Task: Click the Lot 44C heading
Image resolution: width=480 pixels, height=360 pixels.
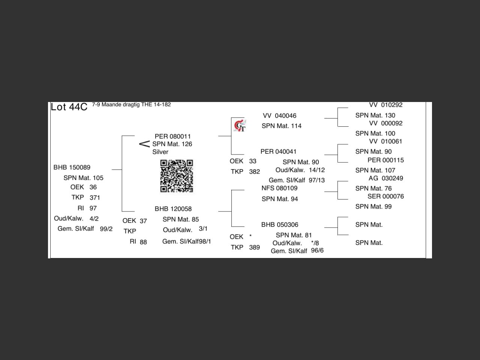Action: pos(69,107)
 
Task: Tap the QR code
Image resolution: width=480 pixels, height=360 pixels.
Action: pos(177,176)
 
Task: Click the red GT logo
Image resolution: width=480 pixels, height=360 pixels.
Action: pos(240,126)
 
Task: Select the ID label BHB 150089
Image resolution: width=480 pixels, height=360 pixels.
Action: pos(72,167)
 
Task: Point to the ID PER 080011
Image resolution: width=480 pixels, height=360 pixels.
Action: pos(173,136)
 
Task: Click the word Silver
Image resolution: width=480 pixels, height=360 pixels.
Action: pos(160,152)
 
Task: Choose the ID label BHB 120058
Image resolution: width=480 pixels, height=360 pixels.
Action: pos(173,209)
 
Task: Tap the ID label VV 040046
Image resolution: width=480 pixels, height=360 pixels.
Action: pos(279,115)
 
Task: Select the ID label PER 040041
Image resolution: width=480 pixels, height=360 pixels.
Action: pos(278,151)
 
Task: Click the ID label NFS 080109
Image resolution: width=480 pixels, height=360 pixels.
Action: pos(279,188)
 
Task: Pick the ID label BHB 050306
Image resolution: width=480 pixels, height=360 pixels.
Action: pos(280,225)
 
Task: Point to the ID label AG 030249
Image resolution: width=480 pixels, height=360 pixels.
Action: pos(386,178)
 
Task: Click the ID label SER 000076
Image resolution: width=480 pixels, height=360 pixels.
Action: pos(386,196)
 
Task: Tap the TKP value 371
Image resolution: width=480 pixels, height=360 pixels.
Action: pos(95,198)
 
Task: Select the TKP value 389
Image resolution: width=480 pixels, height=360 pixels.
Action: pos(254,247)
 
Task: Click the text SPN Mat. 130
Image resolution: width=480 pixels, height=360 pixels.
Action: pos(375,115)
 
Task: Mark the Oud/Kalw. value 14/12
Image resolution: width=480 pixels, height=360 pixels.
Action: pos(316,170)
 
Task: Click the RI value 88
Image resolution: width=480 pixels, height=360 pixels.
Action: pos(143,242)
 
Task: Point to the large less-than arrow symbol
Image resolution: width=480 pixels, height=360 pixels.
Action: pos(144,144)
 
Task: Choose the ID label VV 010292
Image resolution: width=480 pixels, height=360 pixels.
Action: pos(386,105)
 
